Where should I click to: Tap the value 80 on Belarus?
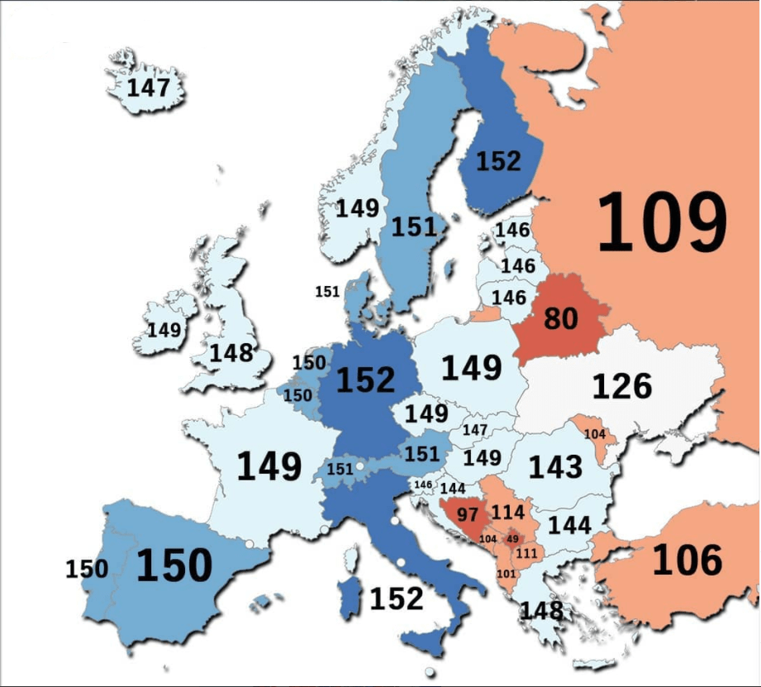tap(561, 318)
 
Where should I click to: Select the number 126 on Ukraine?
tap(621, 385)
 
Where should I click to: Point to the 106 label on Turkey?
tap(687, 561)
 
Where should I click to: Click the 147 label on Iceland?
tap(148, 88)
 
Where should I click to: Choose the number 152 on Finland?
tap(498, 160)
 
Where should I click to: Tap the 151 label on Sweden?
tap(414, 227)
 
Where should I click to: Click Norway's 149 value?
tap(357, 208)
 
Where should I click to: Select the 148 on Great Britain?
tap(231, 353)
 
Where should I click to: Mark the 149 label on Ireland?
tap(164, 330)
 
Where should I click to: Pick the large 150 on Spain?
tap(174, 566)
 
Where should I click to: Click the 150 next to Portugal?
tap(87, 570)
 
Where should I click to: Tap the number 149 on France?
tap(269, 466)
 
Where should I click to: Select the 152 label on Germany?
tap(365, 379)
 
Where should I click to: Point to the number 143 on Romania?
tap(555, 467)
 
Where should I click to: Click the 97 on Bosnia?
tap(468, 514)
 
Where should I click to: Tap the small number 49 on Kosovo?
tap(512, 539)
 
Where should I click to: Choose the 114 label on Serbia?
tap(507, 513)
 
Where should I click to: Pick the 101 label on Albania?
tap(506, 574)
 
